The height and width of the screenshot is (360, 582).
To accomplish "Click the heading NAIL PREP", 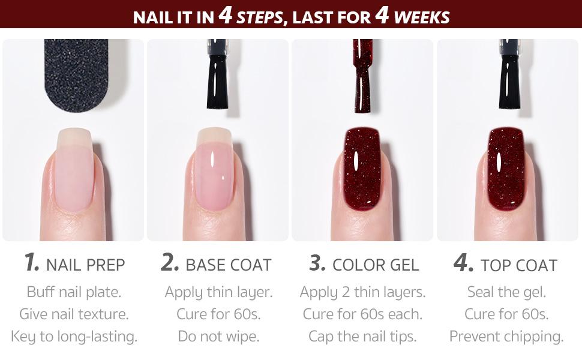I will coord(86,265).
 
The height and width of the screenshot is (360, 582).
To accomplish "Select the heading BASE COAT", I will coord(229,265).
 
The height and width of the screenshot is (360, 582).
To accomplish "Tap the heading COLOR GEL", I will coord(376,265).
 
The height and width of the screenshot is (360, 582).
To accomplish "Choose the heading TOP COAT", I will coord(518,265).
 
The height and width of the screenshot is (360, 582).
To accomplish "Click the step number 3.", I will coord(317,263).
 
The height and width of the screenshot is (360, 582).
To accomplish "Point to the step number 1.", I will coord(32,263).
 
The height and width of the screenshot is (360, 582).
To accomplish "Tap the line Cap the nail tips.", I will coord(362,336).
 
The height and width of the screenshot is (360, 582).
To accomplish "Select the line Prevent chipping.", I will coord(506,336).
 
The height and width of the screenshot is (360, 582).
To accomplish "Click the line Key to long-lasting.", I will coord(74,336).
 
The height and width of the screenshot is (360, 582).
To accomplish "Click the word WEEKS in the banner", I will coord(422,16).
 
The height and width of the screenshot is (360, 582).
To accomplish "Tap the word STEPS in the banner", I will coord(259,16).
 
